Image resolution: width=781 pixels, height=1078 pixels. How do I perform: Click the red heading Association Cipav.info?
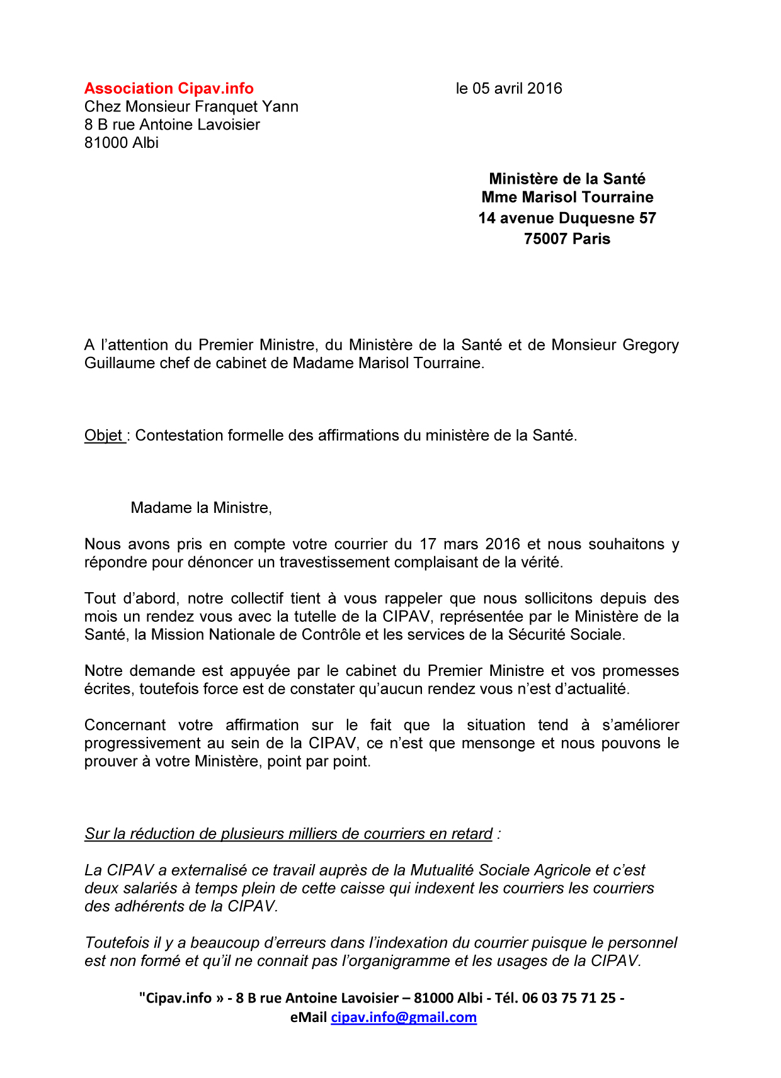pos(169,89)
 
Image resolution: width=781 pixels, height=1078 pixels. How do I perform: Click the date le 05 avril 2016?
pos(509,89)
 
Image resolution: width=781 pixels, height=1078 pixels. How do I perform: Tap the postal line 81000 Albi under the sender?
pos(122,143)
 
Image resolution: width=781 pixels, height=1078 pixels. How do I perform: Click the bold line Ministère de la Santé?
pos(567,179)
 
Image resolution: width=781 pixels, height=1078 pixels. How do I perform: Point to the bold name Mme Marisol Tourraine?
pos(567,198)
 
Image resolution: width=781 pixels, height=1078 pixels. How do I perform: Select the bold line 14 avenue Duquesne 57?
pos(567,218)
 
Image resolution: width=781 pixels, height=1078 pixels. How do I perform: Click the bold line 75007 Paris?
pos(567,239)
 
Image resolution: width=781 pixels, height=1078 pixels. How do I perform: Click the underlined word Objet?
pos(104,435)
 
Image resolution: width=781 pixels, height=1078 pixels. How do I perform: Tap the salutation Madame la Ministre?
pos(201,508)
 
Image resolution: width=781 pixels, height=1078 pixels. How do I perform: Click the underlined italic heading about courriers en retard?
pos(288,834)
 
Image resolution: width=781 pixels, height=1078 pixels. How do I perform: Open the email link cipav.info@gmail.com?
pos(404,1018)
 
